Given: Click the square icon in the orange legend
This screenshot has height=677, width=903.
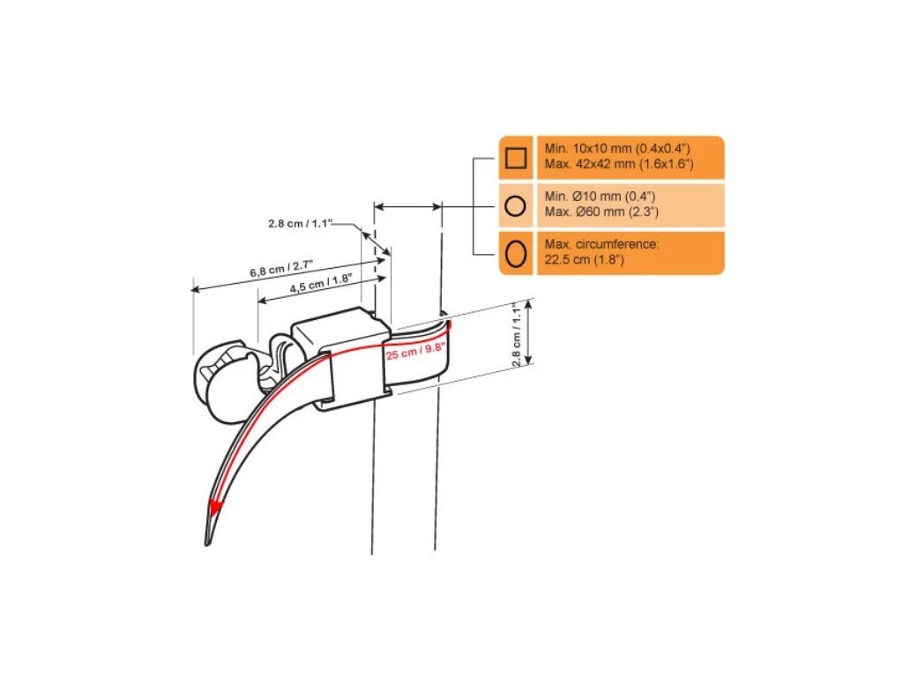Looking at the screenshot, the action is [x=515, y=158].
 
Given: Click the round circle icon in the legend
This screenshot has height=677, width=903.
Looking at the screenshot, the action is [x=515, y=205].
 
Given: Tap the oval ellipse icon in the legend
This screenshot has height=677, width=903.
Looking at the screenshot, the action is [x=515, y=253].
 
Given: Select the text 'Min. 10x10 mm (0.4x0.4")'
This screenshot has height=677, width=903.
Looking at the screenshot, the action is [x=617, y=148].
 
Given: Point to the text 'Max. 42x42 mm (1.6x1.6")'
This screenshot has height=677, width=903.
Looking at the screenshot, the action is [x=619, y=164].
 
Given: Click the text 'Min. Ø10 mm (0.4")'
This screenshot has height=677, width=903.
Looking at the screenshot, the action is [x=600, y=197].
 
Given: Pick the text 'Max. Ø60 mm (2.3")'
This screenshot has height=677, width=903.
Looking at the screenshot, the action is [x=601, y=212].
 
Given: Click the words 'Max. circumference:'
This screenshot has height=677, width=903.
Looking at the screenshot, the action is [x=601, y=244].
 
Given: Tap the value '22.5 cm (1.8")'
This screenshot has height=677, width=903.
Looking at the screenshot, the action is [x=585, y=260].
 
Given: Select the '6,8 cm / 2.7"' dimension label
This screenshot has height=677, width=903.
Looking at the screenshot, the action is [x=281, y=268].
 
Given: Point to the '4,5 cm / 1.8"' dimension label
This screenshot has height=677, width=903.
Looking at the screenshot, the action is [x=321, y=284].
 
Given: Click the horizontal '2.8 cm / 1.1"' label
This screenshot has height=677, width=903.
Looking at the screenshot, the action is [x=301, y=223].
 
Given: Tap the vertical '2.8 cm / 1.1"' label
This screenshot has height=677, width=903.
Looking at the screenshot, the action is [x=517, y=334].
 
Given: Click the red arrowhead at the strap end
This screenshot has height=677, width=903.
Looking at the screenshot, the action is [x=215, y=507].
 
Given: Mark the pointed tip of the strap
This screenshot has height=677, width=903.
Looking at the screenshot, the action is [x=206, y=543].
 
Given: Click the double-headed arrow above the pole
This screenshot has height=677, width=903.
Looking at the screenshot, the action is [x=407, y=206].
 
